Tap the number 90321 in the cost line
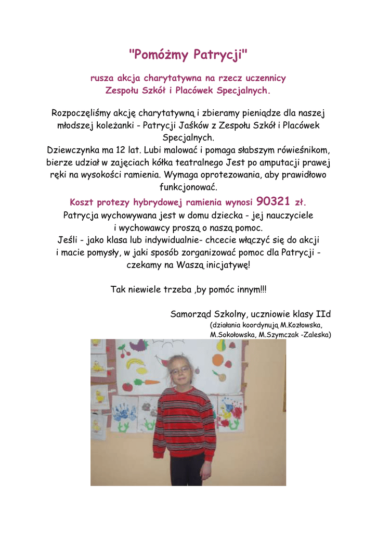pos(273,201)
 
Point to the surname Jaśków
pos(194,125)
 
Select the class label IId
pos(323,314)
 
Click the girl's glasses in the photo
pos(180,370)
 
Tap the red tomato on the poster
pos(127,387)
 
